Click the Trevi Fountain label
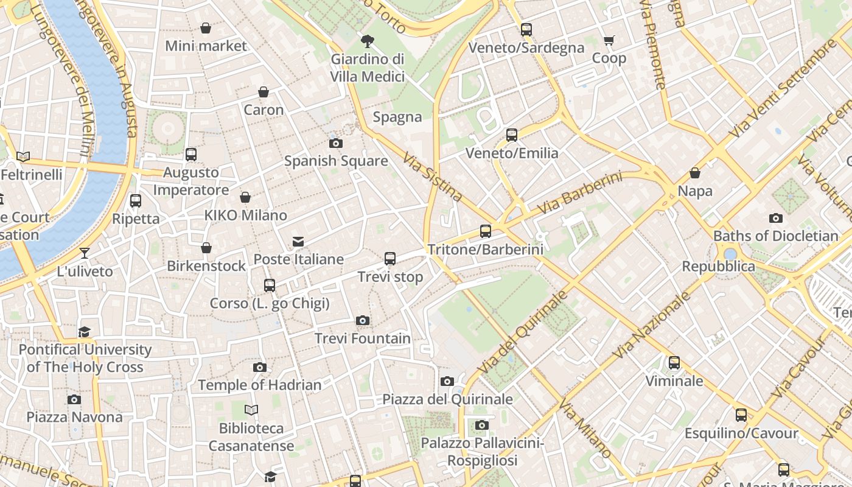coord(362,338)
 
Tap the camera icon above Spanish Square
coord(335,144)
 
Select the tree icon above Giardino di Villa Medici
coord(367,41)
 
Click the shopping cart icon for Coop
coord(609,41)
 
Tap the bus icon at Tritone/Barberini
coord(485,231)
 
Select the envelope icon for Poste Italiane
coord(298,242)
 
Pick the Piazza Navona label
coord(74,417)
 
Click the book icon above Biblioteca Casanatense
coord(251,410)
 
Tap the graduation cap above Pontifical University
coord(85,332)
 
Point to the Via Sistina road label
coord(432,177)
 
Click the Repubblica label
coord(718,267)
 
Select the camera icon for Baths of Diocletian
coord(775,218)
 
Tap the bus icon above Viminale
coord(674,363)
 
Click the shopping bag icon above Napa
coord(694,173)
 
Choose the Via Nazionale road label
coord(652,326)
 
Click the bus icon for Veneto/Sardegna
coord(526,30)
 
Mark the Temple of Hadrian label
coord(260,385)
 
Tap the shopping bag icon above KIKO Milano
coord(245,198)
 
